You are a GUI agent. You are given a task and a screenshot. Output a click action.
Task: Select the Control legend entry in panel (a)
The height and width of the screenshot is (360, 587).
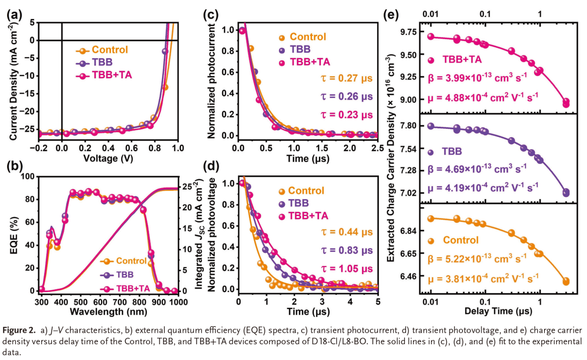[x=109, y=50]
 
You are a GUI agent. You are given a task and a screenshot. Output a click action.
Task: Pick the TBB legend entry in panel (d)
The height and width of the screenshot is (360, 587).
[x=297, y=203]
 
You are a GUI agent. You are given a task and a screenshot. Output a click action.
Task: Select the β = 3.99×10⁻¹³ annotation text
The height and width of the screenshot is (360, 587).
[x=476, y=78]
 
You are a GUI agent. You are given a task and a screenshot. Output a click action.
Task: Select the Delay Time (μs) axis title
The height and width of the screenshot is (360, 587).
[x=492, y=312]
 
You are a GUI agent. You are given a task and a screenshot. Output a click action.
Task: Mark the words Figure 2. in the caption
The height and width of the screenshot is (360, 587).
[x=19, y=330]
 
